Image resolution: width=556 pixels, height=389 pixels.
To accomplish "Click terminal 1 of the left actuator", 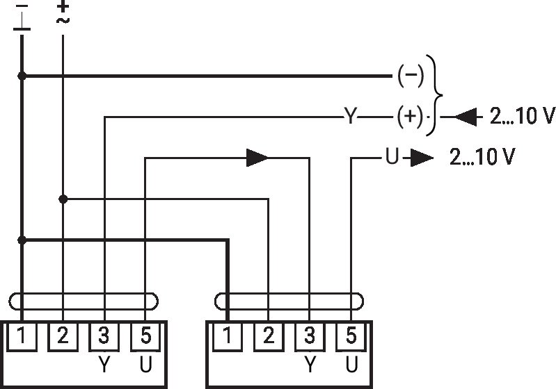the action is coord(22,336).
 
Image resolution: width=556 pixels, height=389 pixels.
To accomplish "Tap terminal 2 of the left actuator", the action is coord(63,336).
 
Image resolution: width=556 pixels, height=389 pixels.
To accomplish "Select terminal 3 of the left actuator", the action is coord(104,336).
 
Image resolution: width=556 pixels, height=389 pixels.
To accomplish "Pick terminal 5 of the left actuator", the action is coord(145,336).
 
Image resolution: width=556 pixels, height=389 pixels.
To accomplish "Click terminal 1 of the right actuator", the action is coord(228,336).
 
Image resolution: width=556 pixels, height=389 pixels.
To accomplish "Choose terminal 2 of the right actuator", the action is coord(269,336).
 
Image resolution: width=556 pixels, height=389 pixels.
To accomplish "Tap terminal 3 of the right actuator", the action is coord(310,336).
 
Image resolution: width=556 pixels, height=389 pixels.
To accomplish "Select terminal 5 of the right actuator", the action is coord(351,336).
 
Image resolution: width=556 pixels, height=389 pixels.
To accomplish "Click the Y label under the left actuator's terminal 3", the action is coord(104,364).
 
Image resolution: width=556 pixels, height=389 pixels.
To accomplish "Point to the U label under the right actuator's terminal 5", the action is coord(351,364).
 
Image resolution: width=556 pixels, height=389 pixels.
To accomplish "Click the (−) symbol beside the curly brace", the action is coord(411,76).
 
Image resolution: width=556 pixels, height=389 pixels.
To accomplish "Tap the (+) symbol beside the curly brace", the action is coord(410,117).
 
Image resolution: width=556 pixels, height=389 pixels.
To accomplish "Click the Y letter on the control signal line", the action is coord(350,116).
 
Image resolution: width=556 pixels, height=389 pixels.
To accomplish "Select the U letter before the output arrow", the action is coord(392,156).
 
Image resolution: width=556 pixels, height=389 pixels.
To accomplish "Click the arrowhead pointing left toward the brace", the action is coord(466,117).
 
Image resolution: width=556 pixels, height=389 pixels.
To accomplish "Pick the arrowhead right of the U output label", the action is coord(422,158).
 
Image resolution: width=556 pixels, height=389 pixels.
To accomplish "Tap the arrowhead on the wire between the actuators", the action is coord(257,158).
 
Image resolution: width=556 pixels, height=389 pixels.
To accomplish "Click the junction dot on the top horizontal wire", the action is coord(22,76).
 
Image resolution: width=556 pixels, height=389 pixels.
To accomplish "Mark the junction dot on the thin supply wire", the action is coord(63,199).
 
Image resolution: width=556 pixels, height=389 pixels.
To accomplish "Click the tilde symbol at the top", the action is coord(63,20).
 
